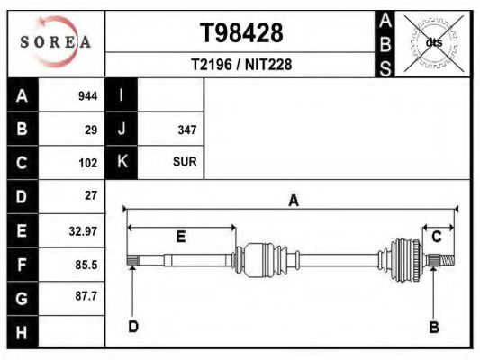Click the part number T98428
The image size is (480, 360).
tap(241, 32)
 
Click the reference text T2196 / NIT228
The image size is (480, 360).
tap(241, 65)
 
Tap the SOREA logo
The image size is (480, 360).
tap(56, 42)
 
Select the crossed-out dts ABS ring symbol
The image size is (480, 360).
tap(434, 43)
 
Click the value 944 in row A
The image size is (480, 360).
tap(88, 96)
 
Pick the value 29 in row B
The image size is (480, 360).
tap(91, 130)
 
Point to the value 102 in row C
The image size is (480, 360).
tap(88, 163)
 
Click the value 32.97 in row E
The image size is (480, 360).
tap(83, 231)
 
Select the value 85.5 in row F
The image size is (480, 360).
tap(86, 265)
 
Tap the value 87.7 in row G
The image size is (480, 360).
tap(86, 296)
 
